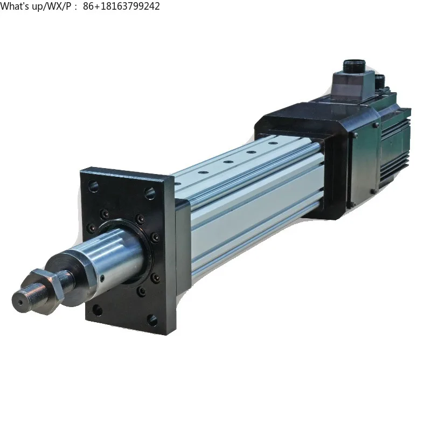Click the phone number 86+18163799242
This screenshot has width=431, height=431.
pyautogui.click(x=122, y=6)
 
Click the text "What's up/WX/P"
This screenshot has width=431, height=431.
pyautogui.click(x=39, y=6)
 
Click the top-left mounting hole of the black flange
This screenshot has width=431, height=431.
pyautogui.click(x=94, y=186)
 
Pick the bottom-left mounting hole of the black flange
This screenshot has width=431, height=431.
pyautogui.click(x=97, y=310)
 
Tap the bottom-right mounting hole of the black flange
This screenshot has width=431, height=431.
pyautogui.click(x=153, y=320)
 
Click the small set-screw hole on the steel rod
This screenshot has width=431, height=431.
pyautogui.click(x=103, y=278)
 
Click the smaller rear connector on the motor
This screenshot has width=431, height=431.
pyautogui.click(x=380, y=81)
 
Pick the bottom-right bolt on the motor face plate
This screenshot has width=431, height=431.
pyautogui.click(x=351, y=204)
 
